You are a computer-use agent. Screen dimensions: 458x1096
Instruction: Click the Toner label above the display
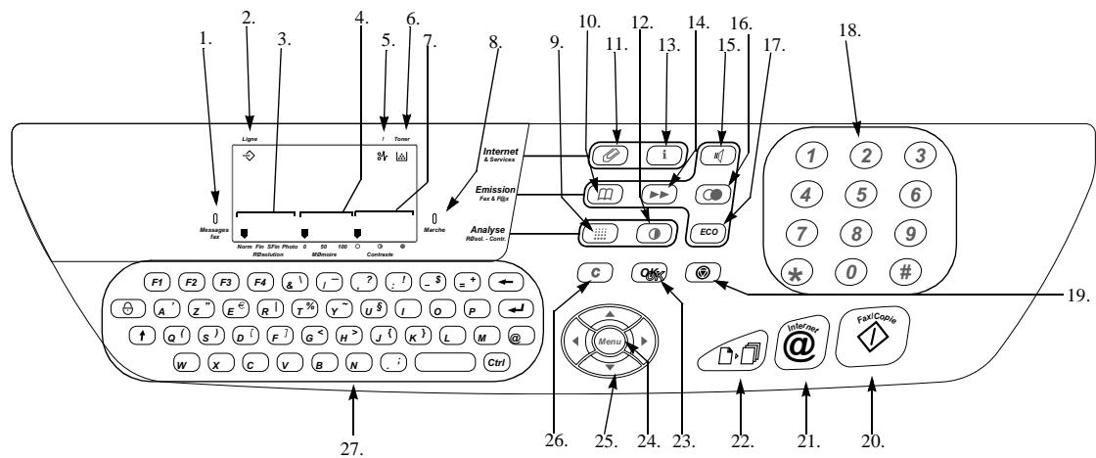(x=402, y=140)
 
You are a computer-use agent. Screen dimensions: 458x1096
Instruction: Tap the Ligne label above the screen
(x=250, y=140)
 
